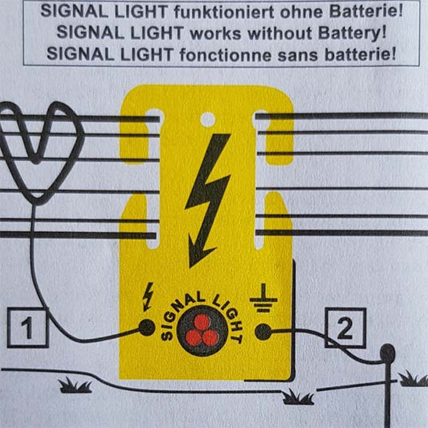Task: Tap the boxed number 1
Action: [x=26, y=328]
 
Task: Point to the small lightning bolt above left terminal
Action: [x=147, y=296]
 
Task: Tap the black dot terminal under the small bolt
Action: [x=147, y=327]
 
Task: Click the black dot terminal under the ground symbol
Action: [x=262, y=331]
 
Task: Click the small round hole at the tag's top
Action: [x=207, y=120]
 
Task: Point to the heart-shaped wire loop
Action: [x=42, y=153]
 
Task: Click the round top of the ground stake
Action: [x=389, y=351]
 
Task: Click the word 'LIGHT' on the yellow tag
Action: [x=227, y=308]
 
